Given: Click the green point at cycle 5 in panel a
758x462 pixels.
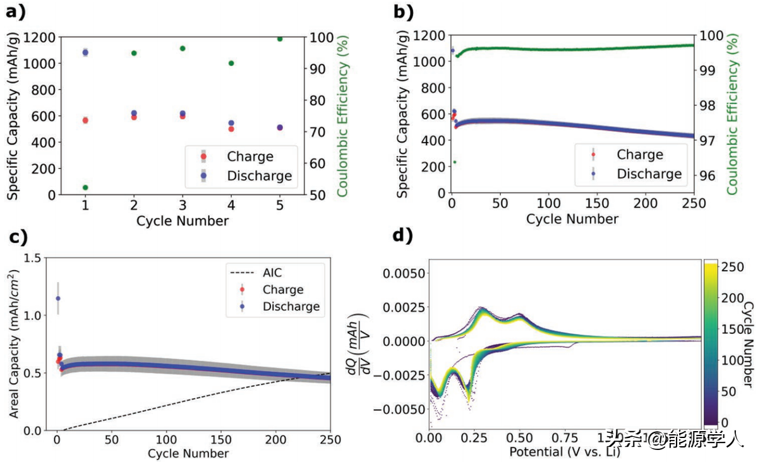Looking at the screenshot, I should point(279,38).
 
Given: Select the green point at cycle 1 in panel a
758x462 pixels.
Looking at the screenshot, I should point(85,187).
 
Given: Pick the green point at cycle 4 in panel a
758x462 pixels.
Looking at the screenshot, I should point(231,63).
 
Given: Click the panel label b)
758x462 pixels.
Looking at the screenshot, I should point(404,11).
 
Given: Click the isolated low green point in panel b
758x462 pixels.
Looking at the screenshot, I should point(454,162).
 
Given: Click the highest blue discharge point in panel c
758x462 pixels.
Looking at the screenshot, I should point(58,298).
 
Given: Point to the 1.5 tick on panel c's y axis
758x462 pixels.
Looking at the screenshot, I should point(39,258).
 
